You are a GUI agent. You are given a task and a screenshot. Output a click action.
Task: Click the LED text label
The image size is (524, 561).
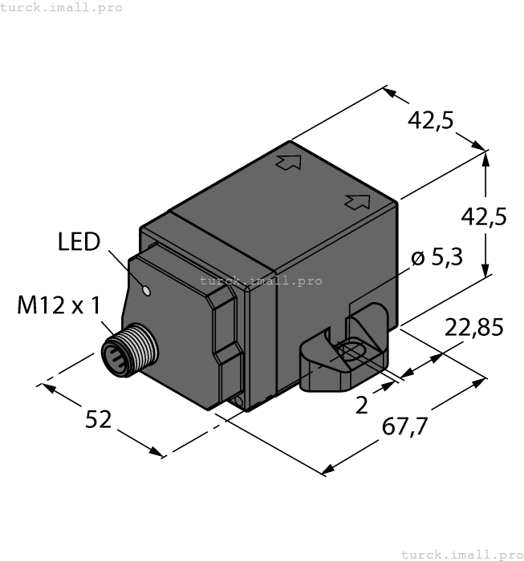[79, 241]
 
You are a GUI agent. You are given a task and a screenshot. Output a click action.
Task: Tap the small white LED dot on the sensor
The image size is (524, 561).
[146, 290]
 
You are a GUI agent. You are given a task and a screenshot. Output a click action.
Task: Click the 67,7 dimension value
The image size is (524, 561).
[400, 427]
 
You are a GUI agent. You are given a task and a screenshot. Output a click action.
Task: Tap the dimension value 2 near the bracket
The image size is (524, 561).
[361, 406]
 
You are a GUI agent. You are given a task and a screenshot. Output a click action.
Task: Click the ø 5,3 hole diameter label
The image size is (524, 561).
[437, 258]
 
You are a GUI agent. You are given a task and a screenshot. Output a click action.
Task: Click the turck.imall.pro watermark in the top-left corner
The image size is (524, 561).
[61, 7]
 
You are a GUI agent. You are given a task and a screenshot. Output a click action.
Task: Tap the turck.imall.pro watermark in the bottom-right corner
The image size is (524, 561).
[461, 554]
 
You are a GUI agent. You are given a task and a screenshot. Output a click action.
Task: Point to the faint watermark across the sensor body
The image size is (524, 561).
[261, 281]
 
